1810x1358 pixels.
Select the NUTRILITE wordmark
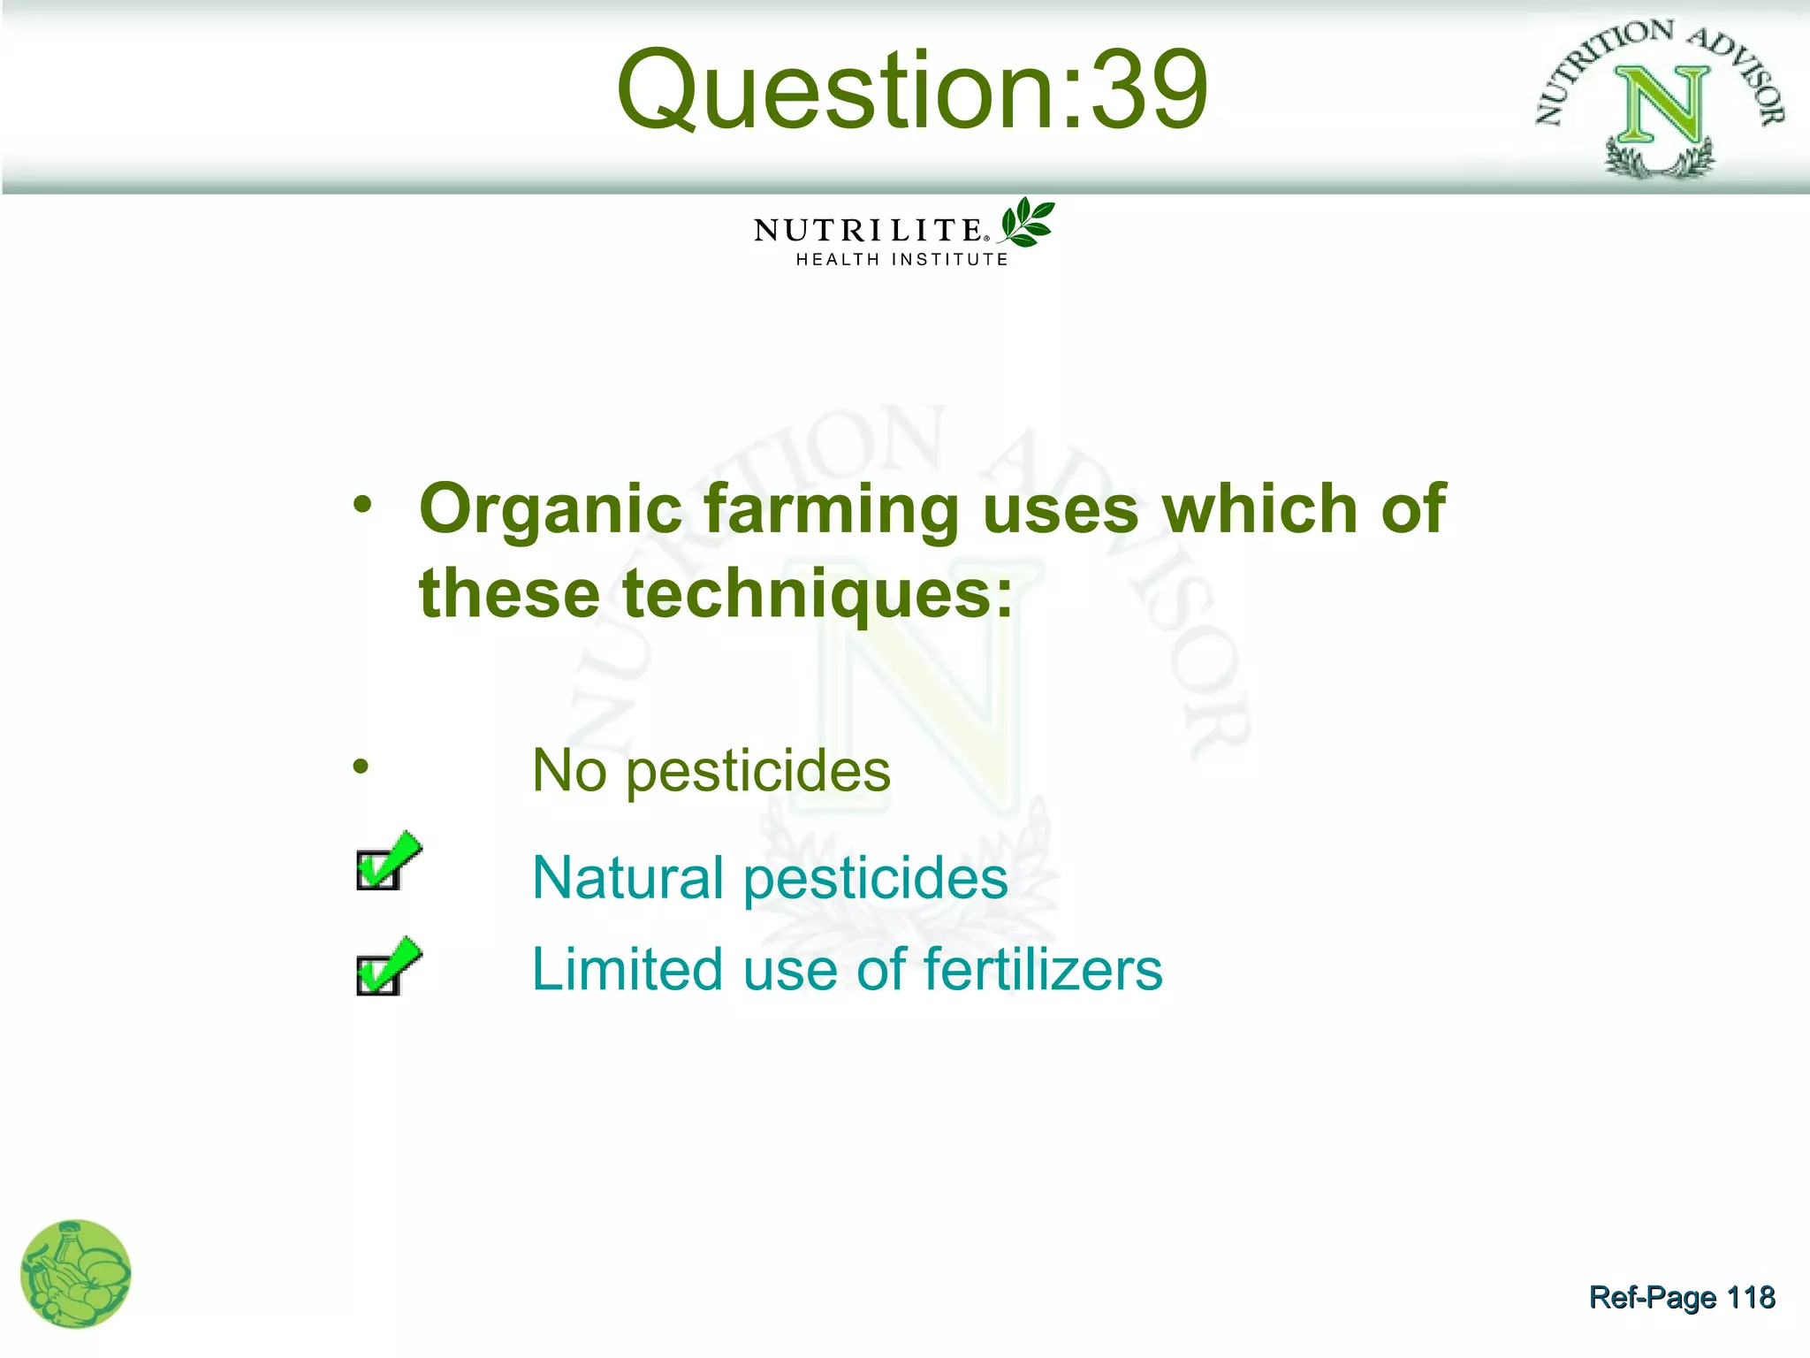pos(868,231)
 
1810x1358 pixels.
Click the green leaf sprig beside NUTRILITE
pos(1027,222)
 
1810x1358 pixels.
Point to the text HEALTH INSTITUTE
pos(901,260)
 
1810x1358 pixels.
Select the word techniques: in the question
pos(817,594)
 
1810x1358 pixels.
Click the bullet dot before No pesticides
pos(361,767)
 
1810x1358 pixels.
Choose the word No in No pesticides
pos(569,771)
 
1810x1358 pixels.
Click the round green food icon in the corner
pos(76,1274)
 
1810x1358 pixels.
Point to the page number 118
pos(1750,1297)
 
